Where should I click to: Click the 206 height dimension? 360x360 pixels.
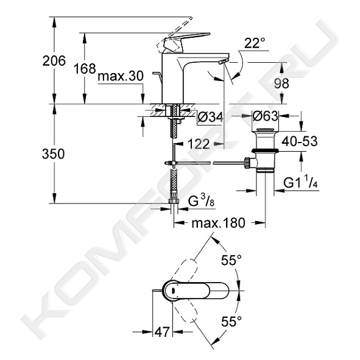(54, 61)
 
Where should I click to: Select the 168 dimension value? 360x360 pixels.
(85, 68)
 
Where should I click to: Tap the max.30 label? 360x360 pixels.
(121, 76)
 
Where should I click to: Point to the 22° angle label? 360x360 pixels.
(255, 43)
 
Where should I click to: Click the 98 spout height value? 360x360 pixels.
(281, 83)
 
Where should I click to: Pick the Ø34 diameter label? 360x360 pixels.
(210, 118)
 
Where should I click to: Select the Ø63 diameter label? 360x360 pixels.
(265, 116)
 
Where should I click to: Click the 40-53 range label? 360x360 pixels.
(300, 141)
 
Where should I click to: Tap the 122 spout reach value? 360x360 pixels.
(199, 144)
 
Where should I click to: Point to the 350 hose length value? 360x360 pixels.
(53, 154)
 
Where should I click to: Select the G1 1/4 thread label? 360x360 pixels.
(301, 182)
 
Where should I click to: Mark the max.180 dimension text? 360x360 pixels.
(218, 223)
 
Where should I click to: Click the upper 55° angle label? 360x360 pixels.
(231, 260)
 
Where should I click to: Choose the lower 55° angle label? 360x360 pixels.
(231, 321)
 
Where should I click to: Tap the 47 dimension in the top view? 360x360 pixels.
(162, 331)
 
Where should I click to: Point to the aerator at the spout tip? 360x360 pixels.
(224, 62)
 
